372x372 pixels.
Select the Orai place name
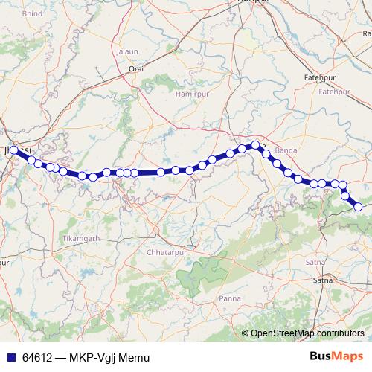click(136, 68)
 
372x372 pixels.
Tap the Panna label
click(228, 298)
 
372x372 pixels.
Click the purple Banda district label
click(286, 151)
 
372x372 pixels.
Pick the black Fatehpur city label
click(321, 77)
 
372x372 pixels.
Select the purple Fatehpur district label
click(334, 91)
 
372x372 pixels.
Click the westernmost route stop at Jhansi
click(14, 150)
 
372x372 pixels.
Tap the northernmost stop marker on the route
click(255, 145)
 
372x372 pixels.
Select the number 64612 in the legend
click(37, 357)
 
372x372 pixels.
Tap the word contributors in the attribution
click(338, 333)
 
